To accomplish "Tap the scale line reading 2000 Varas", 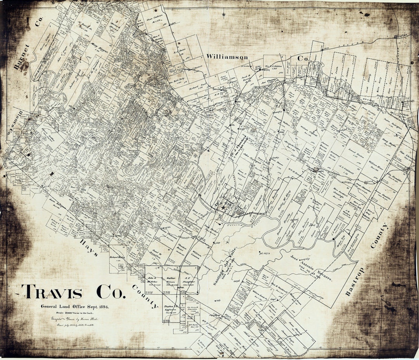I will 75,313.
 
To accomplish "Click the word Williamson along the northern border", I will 227,57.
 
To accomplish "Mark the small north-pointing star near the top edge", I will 223,15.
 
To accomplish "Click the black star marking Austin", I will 223,208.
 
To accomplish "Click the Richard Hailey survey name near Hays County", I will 116,257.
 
